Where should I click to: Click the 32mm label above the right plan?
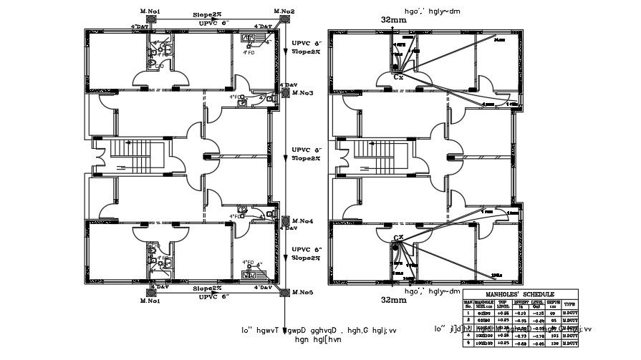(393, 21)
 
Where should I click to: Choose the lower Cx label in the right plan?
(397, 237)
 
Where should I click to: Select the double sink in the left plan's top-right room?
(250, 39)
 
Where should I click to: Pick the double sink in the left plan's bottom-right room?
(250, 274)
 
